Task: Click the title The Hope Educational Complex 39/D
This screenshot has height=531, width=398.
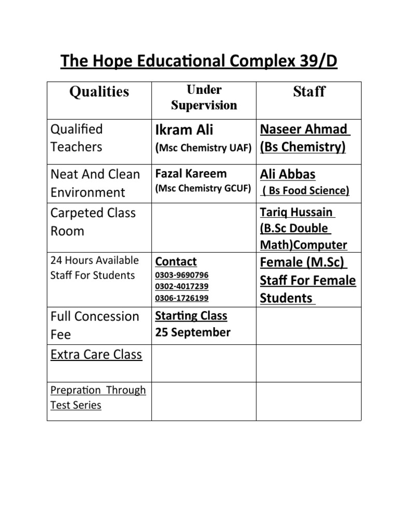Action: click(x=199, y=61)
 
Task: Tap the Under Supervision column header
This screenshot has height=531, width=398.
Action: click(x=204, y=97)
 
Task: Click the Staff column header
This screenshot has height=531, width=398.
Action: click(x=309, y=92)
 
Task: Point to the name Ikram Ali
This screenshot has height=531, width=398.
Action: click(x=184, y=130)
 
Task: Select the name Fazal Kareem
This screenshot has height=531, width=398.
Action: click(x=191, y=174)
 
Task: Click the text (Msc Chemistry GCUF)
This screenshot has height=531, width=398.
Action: click(x=203, y=189)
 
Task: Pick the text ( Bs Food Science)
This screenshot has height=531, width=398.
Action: click(x=306, y=191)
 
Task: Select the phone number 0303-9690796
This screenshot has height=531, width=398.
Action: click(x=181, y=275)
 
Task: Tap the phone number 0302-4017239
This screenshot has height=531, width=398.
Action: click(x=181, y=286)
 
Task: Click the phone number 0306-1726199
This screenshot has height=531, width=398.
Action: click(x=181, y=298)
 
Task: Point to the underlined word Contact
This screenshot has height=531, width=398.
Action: click(x=176, y=262)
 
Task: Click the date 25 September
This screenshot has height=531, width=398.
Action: click(x=193, y=332)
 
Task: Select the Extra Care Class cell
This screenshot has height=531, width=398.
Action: click(x=96, y=355)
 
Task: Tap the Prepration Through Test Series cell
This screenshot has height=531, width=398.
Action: click(x=98, y=397)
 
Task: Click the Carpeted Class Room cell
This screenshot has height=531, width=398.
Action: click(x=93, y=222)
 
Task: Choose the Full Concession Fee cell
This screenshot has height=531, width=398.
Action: click(x=95, y=325)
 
